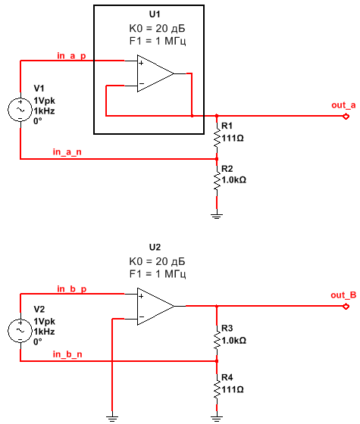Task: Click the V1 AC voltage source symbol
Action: pos(20,110)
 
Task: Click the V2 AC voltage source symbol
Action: pos(20,330)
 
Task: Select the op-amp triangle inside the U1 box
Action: pos(155,73)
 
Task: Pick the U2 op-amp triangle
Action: pos(155,306)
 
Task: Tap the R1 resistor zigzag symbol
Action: pos(217,137)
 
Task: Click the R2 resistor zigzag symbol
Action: pos(217,180)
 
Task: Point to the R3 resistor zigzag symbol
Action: pos(217,340)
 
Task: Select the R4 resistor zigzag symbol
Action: pos(217,389)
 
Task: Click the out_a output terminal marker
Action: pos(346,117)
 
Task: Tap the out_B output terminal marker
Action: pos(346,307)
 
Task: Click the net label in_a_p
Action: pos(71,56)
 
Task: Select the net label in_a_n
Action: pos(67,152)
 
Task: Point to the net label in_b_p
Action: pos(72,289)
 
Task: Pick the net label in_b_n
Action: pos(67,354)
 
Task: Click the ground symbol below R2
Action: pos(217,216)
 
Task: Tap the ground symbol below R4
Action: pos(217,419)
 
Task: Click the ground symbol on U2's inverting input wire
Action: pos(112,419)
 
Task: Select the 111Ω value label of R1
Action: pos(233,139)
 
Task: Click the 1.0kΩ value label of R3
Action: pos(234,341)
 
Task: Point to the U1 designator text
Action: pos(155,14)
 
